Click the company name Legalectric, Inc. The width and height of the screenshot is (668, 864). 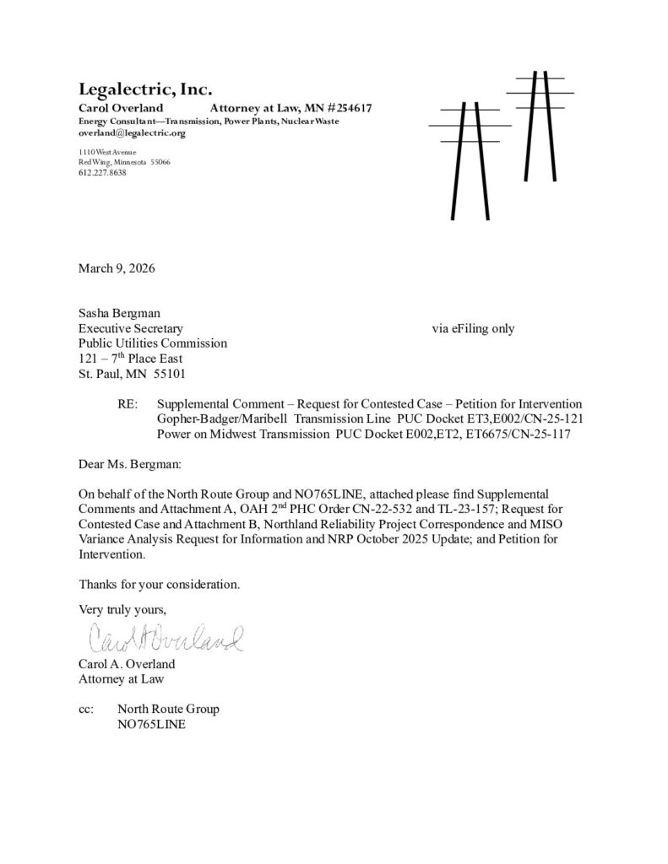144,89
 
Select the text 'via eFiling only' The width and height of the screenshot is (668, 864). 472,328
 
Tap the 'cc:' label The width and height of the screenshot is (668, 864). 87,709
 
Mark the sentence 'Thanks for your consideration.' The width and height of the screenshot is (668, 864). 160,583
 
